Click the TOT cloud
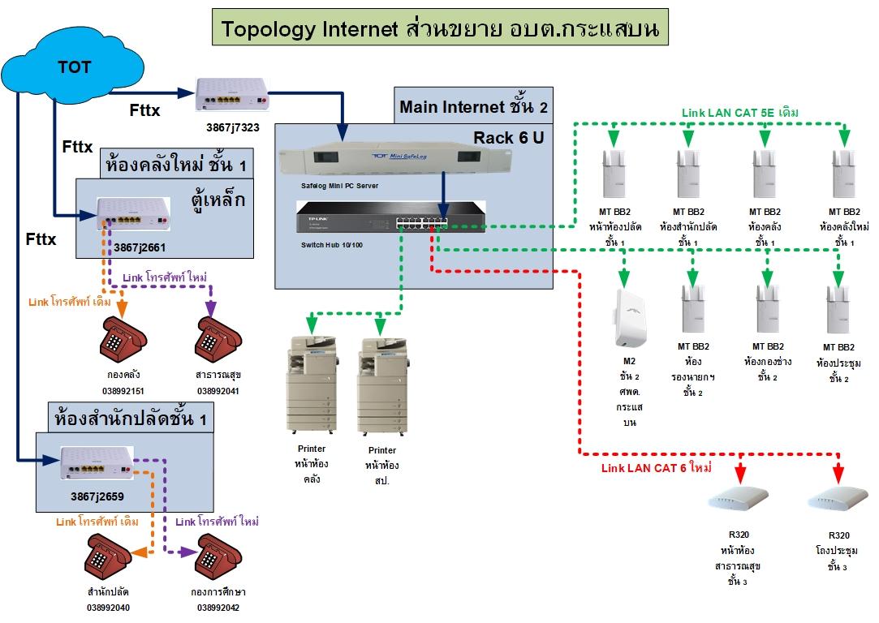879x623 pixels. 73,69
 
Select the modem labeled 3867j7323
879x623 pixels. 231,95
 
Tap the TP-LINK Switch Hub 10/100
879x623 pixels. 390,216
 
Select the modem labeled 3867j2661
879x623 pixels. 134,214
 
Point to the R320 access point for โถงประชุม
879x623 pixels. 836,496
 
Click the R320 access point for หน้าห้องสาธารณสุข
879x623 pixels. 738,496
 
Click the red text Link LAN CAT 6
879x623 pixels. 656,468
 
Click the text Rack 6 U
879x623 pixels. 509,138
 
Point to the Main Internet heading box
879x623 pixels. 473,107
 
